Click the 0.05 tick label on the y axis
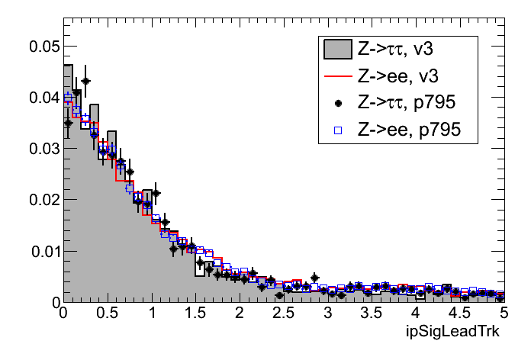[x=43, y=47]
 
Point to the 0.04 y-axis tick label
[x=43, y=98]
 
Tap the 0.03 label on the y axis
[x=43, y=149]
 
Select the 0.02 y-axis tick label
[x=43, y=200]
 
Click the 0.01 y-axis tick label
[x=43, y=251]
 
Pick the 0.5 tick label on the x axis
[x=107, y=313]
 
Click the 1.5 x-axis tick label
[x=195, y=313]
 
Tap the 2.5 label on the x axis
[x=283, y=313]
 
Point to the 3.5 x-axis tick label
[x=372, y=313]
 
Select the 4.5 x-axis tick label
[x=459, y=313]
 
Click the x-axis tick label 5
[x=504, y=313]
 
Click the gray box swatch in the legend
[x=337, y=50]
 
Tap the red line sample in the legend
[x=337, y=77]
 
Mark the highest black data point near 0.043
[x=85, y=81]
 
